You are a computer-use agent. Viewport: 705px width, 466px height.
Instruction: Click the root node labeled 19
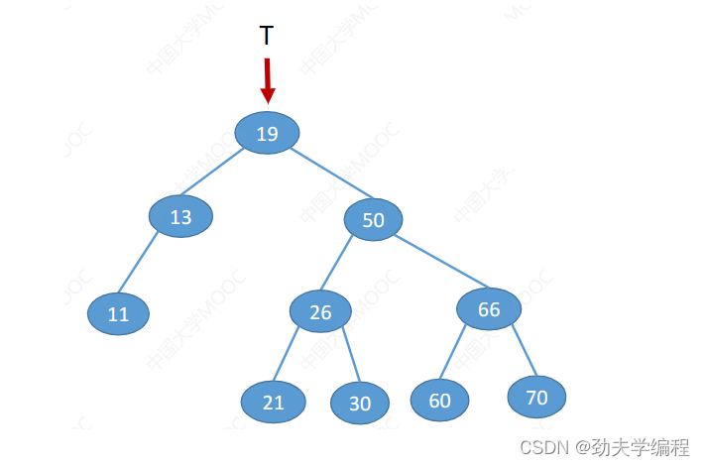point(267,133)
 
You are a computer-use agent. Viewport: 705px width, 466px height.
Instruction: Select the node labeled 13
point(180,216)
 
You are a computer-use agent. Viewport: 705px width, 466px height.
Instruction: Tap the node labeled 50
point(373,220)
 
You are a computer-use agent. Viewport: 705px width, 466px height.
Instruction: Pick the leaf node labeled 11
point(118,314)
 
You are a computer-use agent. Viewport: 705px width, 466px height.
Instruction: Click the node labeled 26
point(320,312)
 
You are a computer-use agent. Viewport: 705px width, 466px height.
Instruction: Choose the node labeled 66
point(489,309)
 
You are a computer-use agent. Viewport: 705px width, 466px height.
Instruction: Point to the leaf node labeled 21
point(273,402)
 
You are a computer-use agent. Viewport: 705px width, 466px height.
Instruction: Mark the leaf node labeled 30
point(360,403)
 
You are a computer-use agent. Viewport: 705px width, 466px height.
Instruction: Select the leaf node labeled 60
point(439,400)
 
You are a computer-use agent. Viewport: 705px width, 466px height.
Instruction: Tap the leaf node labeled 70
point(536,398)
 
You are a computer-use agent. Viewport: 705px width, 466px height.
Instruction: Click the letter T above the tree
point(267,37)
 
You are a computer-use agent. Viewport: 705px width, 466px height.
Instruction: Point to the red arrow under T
point(267,80)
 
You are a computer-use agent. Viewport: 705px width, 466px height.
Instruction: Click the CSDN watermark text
point(604,447)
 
